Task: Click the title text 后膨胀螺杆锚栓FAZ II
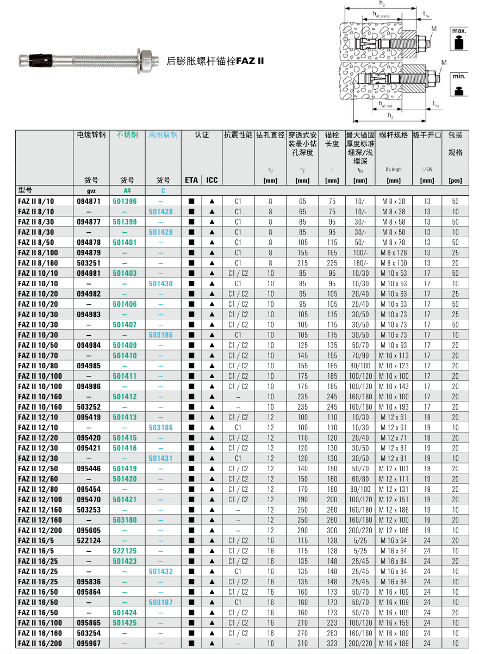click(x=215, y=61)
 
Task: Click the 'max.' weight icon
click(x=459, y=39)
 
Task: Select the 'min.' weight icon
click(x=459, y=84)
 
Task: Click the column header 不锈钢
click(x=127, y=135)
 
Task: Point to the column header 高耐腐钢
click(x=163, y=135)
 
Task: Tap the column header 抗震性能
click(x=238, y=135)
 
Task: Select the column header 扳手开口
click(x=427, y=135)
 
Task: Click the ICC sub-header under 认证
click(x=212, y=180)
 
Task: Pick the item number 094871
click(x=88, y=201)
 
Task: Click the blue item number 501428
click(x=161, y=212)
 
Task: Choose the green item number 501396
click(x=125, y=201)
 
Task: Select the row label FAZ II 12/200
click(x=40, y=530)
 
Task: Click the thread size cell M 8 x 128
click(x=393, y=253)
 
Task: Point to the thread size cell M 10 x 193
click(x=393, y=407)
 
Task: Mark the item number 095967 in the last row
click(x=88, y=644)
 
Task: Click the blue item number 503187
click(x=161, y=602)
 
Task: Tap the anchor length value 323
click(x=332, y=644)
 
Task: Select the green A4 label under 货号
click(x=127, y=191)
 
